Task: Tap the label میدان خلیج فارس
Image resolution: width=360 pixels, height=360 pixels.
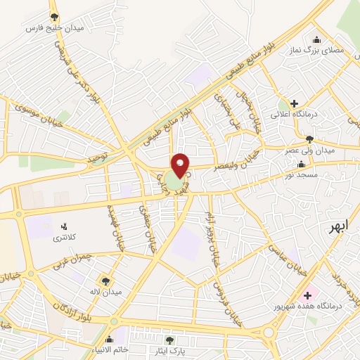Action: (53, 28)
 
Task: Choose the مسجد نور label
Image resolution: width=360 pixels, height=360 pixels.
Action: (301, 174)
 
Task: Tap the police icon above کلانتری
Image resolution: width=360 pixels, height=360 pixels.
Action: (65, 226)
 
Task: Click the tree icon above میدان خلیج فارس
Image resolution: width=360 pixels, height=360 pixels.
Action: (54, 17)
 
